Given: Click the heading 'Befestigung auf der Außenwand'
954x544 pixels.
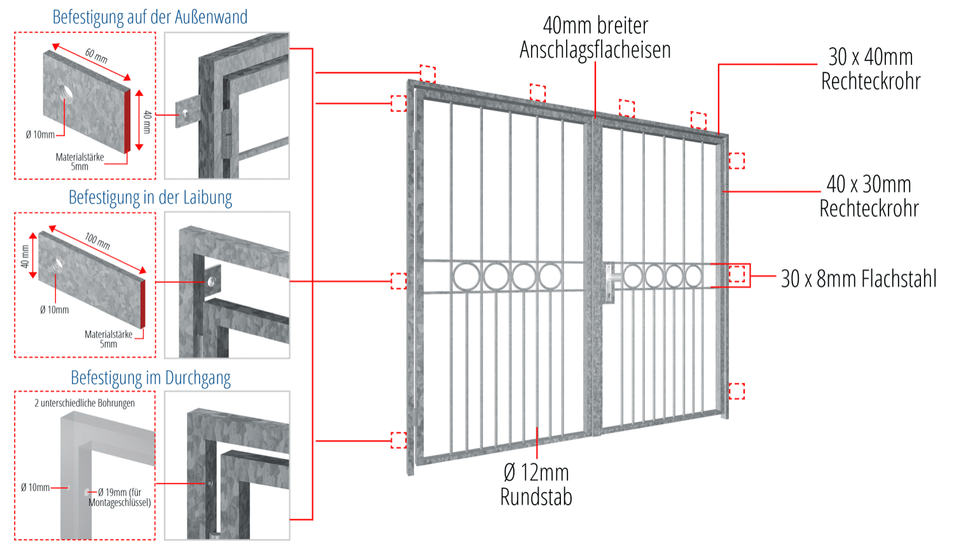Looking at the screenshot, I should click(150, 17).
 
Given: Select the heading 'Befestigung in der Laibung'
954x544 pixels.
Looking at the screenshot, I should click(150, 197).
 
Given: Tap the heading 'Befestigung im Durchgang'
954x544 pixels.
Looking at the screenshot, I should click(150, 378).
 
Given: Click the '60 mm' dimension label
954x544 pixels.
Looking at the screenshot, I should click(96, 56).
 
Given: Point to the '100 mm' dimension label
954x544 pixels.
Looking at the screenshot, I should click(97, 241).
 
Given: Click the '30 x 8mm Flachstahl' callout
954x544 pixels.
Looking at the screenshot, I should click(859, 279).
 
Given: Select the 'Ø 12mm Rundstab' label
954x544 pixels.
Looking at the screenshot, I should click(536, 484).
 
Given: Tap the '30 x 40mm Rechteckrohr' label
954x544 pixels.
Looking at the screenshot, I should click(871, 69).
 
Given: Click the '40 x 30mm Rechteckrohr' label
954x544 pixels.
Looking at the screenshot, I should click(869, 196).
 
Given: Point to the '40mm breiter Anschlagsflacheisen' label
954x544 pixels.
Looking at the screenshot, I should click(595, 38).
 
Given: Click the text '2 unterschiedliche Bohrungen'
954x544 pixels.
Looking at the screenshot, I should click(85, 403).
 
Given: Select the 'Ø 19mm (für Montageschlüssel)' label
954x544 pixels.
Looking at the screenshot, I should click(120, 497).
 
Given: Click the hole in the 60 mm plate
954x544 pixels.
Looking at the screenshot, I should click(66, 94).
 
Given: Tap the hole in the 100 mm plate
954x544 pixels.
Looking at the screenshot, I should click(58, 263).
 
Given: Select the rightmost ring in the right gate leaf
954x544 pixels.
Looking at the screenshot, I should click(693, 276).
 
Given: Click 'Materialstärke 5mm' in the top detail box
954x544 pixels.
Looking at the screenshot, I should click(79, 162).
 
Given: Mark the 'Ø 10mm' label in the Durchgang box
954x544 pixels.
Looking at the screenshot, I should click(35, 487).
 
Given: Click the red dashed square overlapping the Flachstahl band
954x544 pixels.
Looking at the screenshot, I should click(736, 274).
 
